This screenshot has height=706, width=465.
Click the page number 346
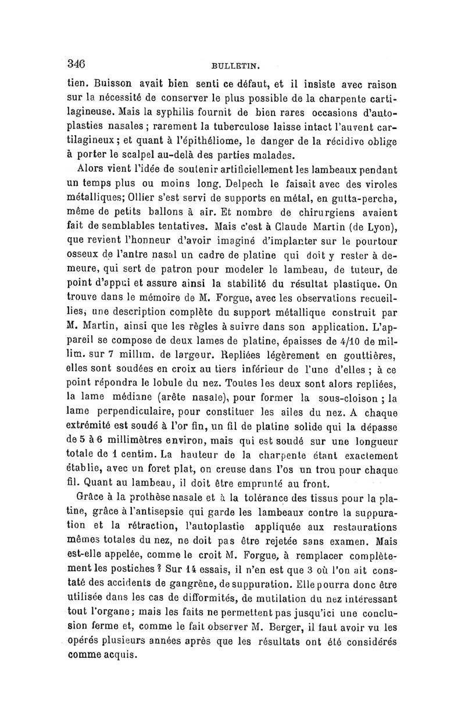point(76,63)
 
